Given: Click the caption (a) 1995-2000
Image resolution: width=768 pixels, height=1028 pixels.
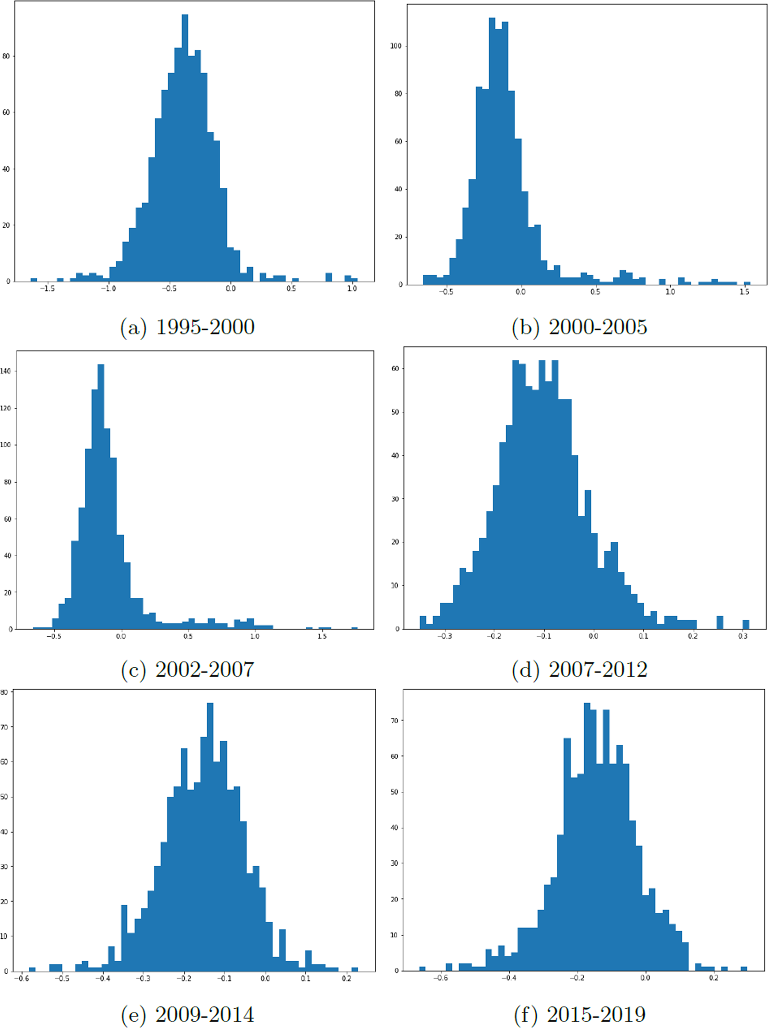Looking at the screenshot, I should click(187, 327).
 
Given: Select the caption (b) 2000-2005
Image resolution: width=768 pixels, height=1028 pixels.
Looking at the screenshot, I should click(579, 327).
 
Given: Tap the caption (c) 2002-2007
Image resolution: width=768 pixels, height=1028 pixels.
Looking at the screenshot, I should click(187, 669).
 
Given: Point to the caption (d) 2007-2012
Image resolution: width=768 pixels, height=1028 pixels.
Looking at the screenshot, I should click(579, 669).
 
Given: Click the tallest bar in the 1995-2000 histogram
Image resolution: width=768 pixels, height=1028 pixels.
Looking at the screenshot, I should click(185, 149).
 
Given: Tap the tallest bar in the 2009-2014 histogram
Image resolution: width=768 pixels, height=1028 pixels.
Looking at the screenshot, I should click(210, 836).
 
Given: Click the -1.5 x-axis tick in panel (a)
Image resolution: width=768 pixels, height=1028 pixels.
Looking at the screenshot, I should click(48, 288).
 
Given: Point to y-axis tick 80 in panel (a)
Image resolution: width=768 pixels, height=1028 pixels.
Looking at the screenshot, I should click(6, 56).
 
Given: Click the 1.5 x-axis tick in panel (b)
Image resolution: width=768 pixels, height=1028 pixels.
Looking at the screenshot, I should click(744, 292).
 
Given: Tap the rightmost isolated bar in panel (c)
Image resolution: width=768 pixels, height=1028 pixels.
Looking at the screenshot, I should click(354, 628).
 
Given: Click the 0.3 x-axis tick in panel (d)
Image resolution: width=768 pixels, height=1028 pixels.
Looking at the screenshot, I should click(743, 636).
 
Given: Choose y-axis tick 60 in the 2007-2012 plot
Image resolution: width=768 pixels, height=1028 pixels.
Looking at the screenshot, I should click(395, 368).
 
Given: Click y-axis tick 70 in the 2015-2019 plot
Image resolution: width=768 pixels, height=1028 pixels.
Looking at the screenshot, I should click(394, 720).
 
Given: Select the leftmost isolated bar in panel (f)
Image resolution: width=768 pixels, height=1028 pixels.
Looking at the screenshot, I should click(422, 969).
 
